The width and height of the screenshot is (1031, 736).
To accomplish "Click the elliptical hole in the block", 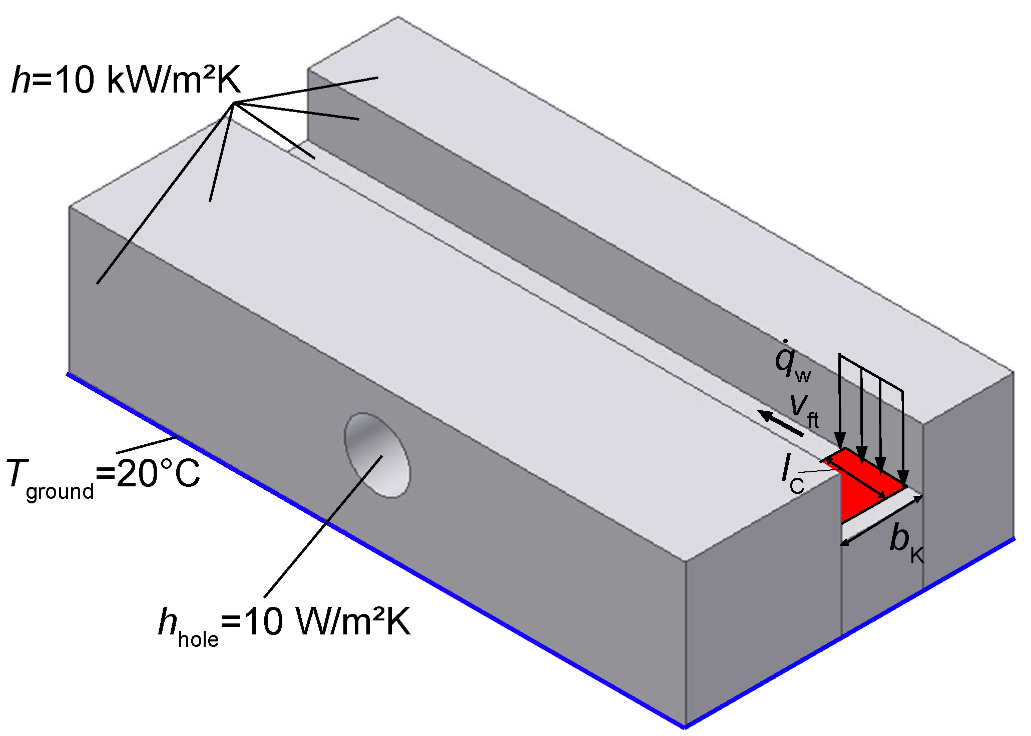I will [x=376, y=455].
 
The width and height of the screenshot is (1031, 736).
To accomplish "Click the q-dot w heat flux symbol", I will [x=791, y=363].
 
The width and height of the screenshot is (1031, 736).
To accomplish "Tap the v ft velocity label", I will [x=804, y=410].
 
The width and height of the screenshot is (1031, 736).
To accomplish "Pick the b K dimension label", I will [x=906, y=543].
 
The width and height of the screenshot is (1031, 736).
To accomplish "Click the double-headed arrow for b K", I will [x=881, y=520].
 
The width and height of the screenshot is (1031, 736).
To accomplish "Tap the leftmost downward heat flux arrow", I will [x=840, y=400].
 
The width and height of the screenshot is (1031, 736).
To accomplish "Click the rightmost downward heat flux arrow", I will [x=902, y=435].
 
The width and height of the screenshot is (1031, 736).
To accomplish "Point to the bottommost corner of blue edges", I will [x=684, y=726].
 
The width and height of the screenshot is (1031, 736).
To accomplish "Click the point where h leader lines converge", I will [x=234, y=103].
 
